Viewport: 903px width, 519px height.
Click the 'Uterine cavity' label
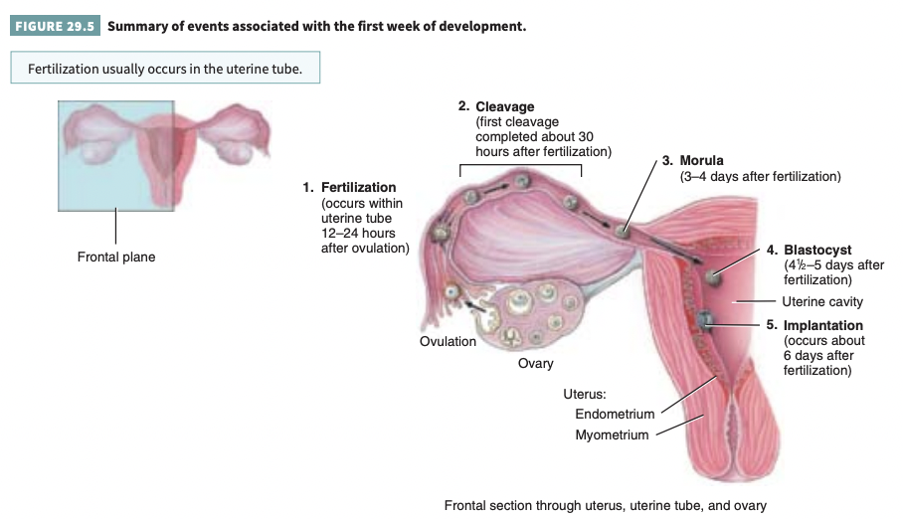coord(821,301)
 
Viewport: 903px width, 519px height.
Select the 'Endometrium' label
coord(615,415)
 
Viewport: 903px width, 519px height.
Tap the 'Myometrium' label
coord(612,434)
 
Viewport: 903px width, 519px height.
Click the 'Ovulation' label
coord(448,342)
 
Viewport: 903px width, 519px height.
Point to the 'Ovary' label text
coord(536,363)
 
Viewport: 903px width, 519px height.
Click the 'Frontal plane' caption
coord(116,258)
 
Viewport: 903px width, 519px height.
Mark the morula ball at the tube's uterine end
coord(623,230)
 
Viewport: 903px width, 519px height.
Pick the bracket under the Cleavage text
coord(520,167)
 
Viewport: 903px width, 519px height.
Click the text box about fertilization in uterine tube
coord(165,70)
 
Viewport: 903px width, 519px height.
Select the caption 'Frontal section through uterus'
coord(606,505)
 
